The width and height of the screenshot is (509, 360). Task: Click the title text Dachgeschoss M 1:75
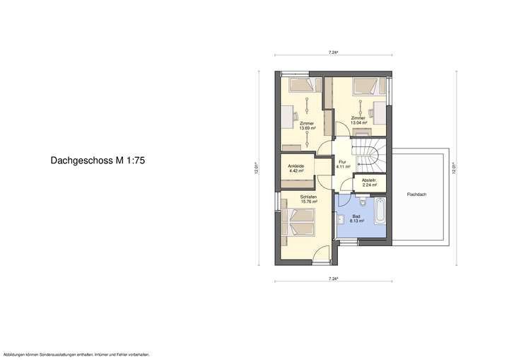coord(98,161)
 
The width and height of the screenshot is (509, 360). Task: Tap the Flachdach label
coord(416,193)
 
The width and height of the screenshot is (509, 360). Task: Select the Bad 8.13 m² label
coord(356,219)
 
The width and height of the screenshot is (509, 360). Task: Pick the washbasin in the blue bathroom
coord(341,219)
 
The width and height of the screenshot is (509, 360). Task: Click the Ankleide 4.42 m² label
coord(296,168)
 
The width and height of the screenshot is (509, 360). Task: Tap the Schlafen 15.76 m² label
coord(308,199)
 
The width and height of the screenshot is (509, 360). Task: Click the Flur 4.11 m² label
coord(344,164)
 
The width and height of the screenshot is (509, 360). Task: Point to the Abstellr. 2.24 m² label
coord(369,182)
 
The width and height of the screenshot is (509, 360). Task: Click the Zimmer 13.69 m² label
coord(307,126)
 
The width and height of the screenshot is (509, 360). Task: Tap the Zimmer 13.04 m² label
coord(358,120)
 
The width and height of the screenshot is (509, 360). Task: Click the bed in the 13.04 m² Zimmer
coord(368,88)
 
